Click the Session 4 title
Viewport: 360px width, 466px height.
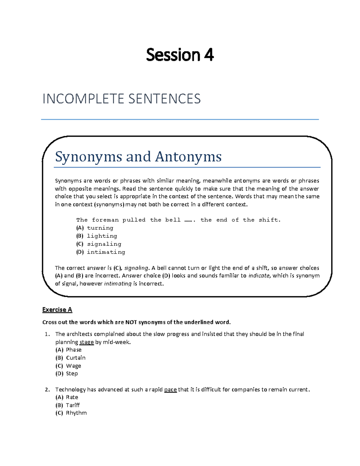[x=180, y=55]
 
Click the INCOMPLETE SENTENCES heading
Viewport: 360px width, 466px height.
[x=121, y=99]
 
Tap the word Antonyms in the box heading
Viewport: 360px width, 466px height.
[x=188, y=157]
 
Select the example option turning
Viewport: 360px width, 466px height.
[x=100, y=228]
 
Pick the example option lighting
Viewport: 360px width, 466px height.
[x=102, y=236]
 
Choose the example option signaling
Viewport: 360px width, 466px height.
[x=104, y=244]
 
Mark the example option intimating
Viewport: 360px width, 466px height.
[x=106, y=252]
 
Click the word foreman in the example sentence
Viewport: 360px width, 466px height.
[x=105, y=220]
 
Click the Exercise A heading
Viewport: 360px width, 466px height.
[x=57, y=310]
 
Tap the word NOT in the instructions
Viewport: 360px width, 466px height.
[x=131, y=322]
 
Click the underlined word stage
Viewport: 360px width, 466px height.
[x=86, y=342]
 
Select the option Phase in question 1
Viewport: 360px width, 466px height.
[x=73, y=350]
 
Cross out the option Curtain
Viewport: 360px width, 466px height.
[x=76, y=358]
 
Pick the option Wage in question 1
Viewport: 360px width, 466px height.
[x=73, y=366]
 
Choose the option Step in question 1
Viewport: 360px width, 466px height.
[x=72, y=374]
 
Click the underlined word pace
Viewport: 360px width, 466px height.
[x=170, y=390]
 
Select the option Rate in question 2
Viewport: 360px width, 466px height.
[x=72, y=397]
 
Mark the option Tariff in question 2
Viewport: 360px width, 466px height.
[x=73, y=405]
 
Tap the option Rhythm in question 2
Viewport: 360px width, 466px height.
[x=76, y=413]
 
